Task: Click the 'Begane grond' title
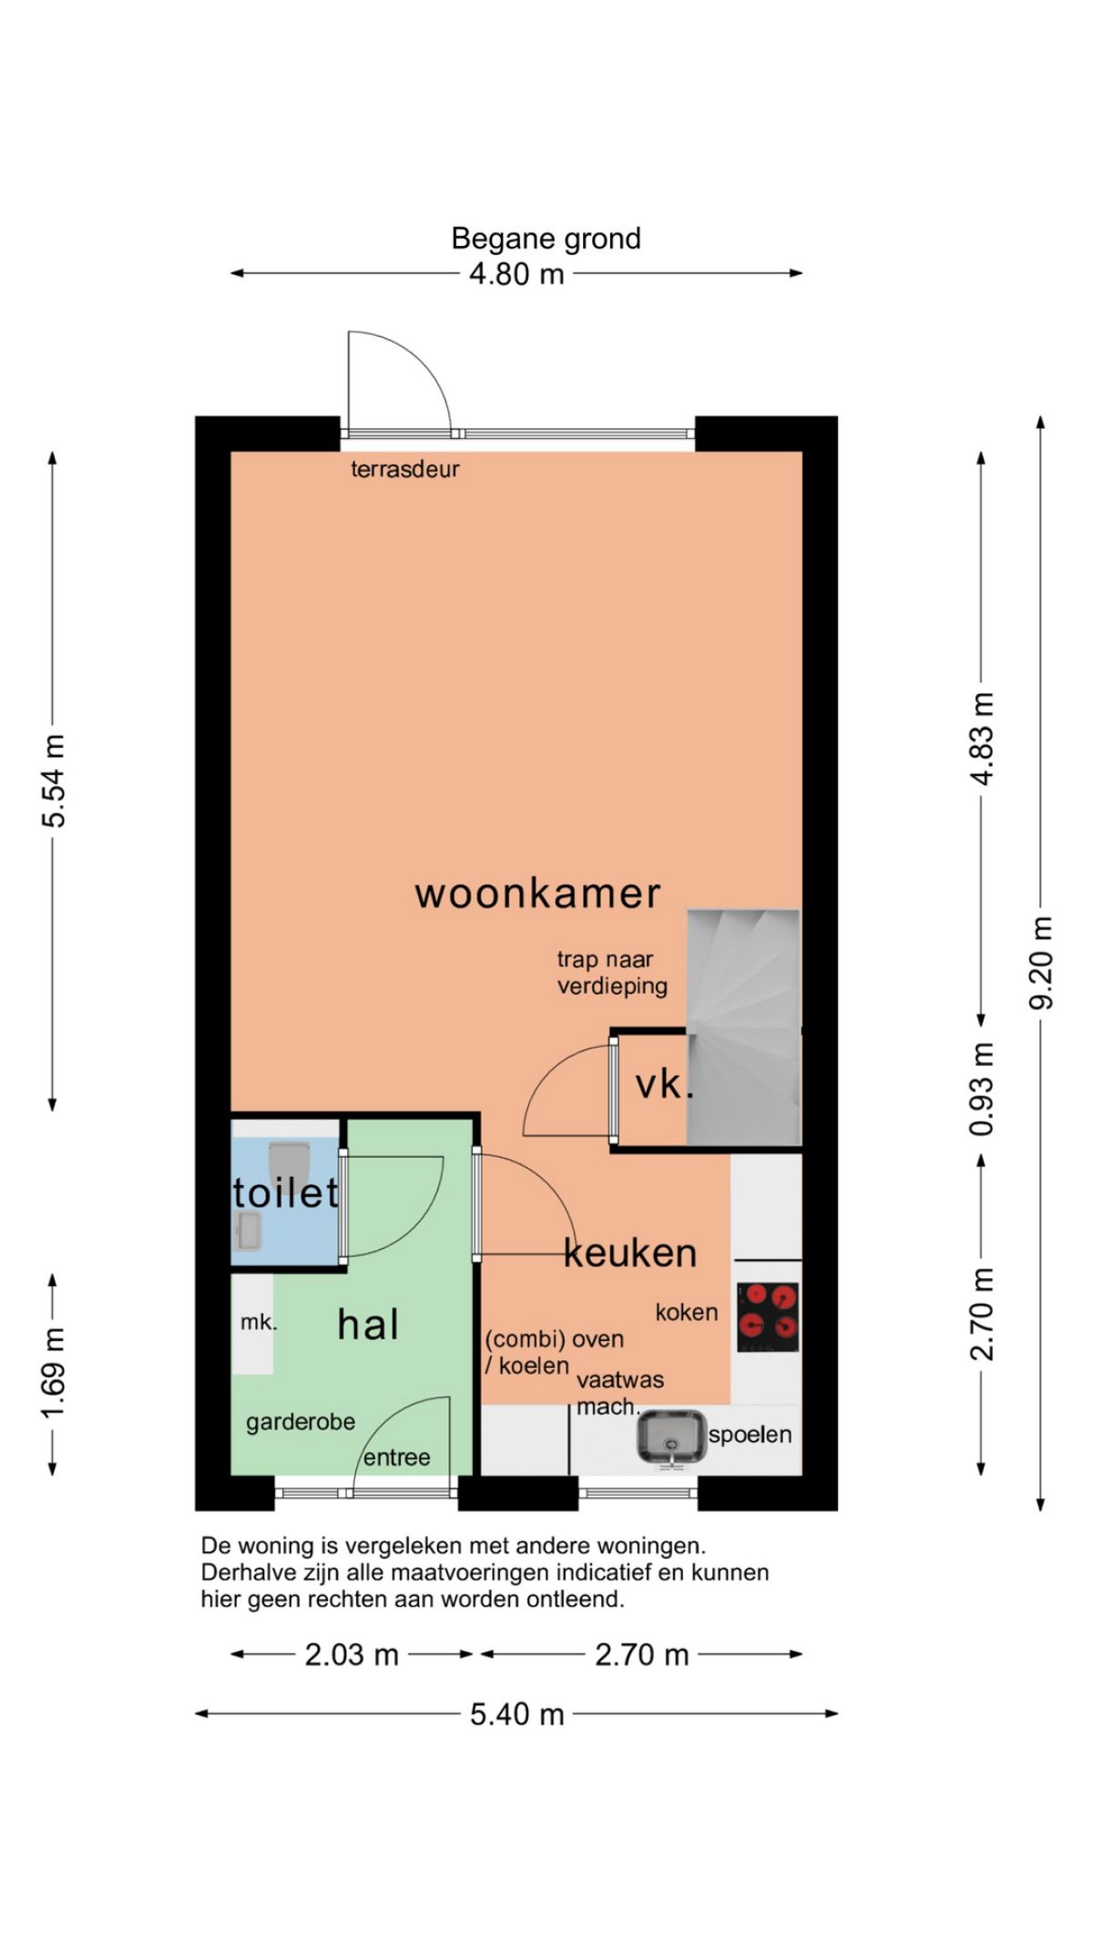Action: (x=546, y=239)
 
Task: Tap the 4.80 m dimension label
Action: (x=516, y=273)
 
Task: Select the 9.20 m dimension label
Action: (x=1040, y=963)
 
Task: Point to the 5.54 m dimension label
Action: (x=54, y=781)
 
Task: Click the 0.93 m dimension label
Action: (x=982, y=1089)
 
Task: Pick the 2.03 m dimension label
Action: (x=352, y=1654)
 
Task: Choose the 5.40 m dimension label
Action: (x=516, y=1714)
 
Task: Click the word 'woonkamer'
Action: (x=537, y=894)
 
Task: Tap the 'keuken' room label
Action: (x=630, y=1253)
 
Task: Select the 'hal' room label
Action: (x=368, y=1324)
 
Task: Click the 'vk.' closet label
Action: (x=664, y=1085)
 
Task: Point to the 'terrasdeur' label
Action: (x=405, y=469)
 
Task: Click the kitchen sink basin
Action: (x=671, y=1439)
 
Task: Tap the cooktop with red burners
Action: (x=768, y=1317)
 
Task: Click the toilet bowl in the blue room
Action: (x=291, y=1163)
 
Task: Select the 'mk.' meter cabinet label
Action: (x=259, y=1322)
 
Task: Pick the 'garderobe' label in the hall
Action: (x=301, y=1422)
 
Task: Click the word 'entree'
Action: (x=396, y=1457)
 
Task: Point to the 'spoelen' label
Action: (x=750, y=1435)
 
